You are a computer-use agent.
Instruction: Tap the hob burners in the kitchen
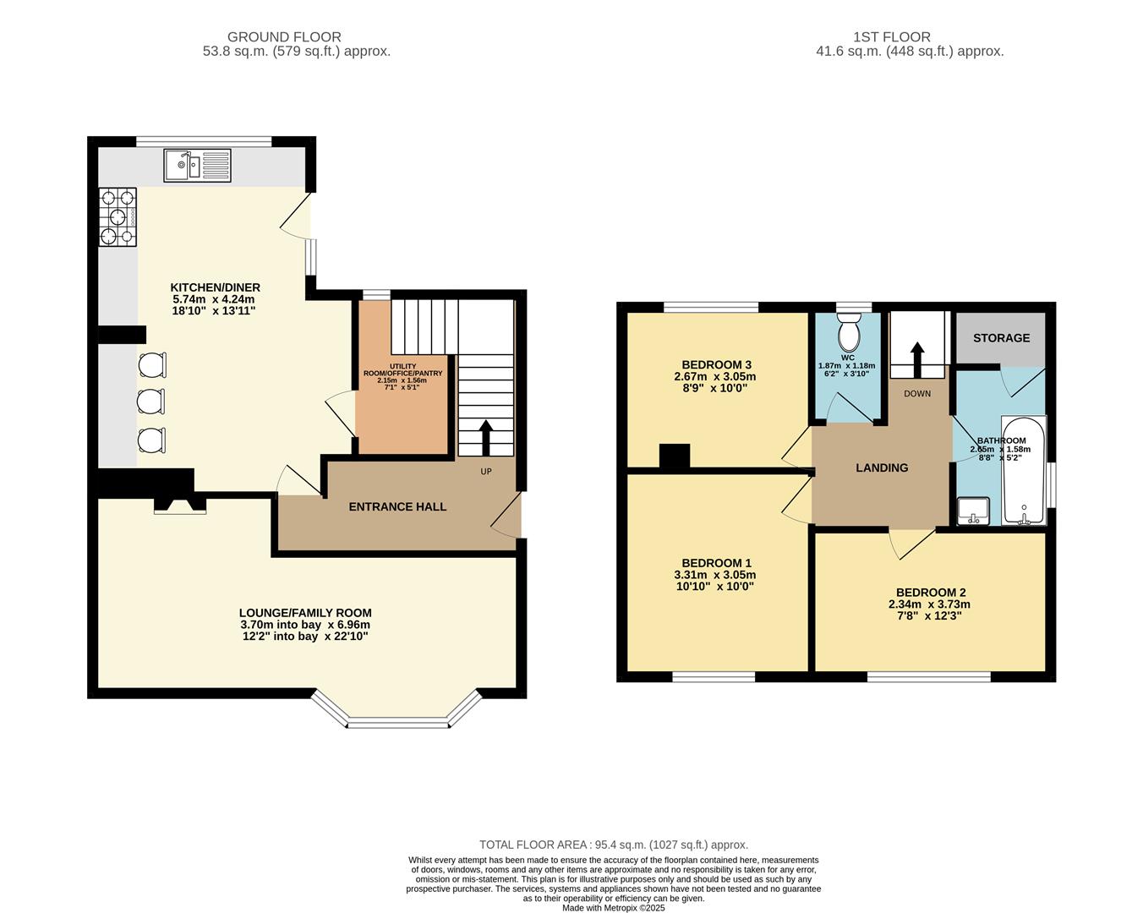click(x=118, y=217)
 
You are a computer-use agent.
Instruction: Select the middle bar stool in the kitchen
click(x=151, y=402)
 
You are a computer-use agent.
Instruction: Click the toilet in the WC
click(x=848, y=333)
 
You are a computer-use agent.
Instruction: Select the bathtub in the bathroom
click(x=1023, y=470)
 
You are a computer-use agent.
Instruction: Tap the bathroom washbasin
click(x=973, y=511)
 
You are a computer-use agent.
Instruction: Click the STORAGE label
click(x=1001, y=338)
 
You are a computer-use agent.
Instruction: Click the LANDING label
click(x=882, y=467)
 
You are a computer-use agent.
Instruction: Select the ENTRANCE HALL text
click(x=397, y=506)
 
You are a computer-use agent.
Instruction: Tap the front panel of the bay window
click(x=397, y=722)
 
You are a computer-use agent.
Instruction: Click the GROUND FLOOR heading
click(x=284, y=37)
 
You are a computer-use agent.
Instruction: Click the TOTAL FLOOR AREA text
click(x=613, y=845)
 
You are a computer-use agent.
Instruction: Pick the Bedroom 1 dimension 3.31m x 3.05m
click(x=717, y=575)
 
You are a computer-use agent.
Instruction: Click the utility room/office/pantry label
click(x=402, y=369)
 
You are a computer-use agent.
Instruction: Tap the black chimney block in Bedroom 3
click(x=674, y=456)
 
